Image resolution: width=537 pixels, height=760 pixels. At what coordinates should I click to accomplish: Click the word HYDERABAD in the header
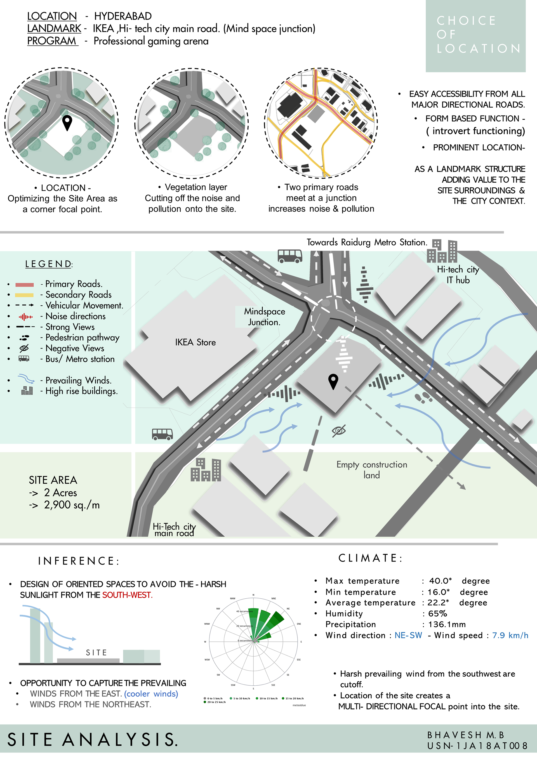click(123, 16)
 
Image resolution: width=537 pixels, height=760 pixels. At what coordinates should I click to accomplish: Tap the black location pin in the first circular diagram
click(67, 123)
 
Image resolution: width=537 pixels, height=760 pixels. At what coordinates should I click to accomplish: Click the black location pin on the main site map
click(333, 381)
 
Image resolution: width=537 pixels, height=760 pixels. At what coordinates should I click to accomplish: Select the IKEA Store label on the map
click(195, 342)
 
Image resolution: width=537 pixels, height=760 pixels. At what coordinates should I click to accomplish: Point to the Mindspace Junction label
click(264, 317)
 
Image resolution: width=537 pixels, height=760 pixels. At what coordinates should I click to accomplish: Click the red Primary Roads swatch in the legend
click(25, 284)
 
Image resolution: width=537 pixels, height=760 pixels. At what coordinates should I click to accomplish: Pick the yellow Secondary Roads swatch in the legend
click(25, 295)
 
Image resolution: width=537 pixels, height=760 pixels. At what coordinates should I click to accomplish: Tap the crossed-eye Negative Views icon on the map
click(339, 430)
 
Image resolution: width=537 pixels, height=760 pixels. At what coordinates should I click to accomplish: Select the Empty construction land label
click(372, 470)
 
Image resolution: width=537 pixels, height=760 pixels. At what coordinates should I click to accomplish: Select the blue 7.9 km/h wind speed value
click(510, 635)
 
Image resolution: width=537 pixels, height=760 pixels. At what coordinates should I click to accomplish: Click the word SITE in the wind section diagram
click(96, 652)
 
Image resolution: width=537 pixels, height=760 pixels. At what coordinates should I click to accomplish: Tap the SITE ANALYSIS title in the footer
click(93, 740)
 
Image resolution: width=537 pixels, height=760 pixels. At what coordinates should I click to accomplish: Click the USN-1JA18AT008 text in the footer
click(477, 745)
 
